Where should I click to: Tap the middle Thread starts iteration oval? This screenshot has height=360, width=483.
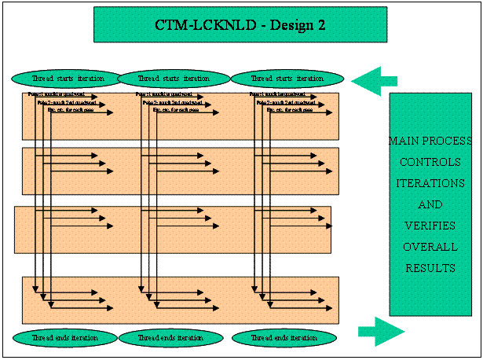(174, 79)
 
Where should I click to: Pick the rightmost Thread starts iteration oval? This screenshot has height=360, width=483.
(287, 79)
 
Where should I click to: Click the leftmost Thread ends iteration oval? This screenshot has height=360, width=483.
(64, 337)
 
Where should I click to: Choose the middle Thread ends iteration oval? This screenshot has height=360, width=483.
(171, 337)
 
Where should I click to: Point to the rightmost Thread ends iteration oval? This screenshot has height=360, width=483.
(284, 337)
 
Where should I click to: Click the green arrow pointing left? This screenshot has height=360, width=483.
(375, 78)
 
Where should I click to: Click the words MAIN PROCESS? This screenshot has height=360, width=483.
(430, 141)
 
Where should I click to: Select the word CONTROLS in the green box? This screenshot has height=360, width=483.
(430, 162)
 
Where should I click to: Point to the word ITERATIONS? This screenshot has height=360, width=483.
(430, 183)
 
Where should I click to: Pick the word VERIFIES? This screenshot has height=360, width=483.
(430, 226)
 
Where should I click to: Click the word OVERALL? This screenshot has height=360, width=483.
(430, 247)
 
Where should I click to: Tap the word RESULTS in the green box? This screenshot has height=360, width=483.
(430, 268)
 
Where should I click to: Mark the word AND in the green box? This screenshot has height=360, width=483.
(430, 204)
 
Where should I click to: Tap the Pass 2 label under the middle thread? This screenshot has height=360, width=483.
(173, 102)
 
